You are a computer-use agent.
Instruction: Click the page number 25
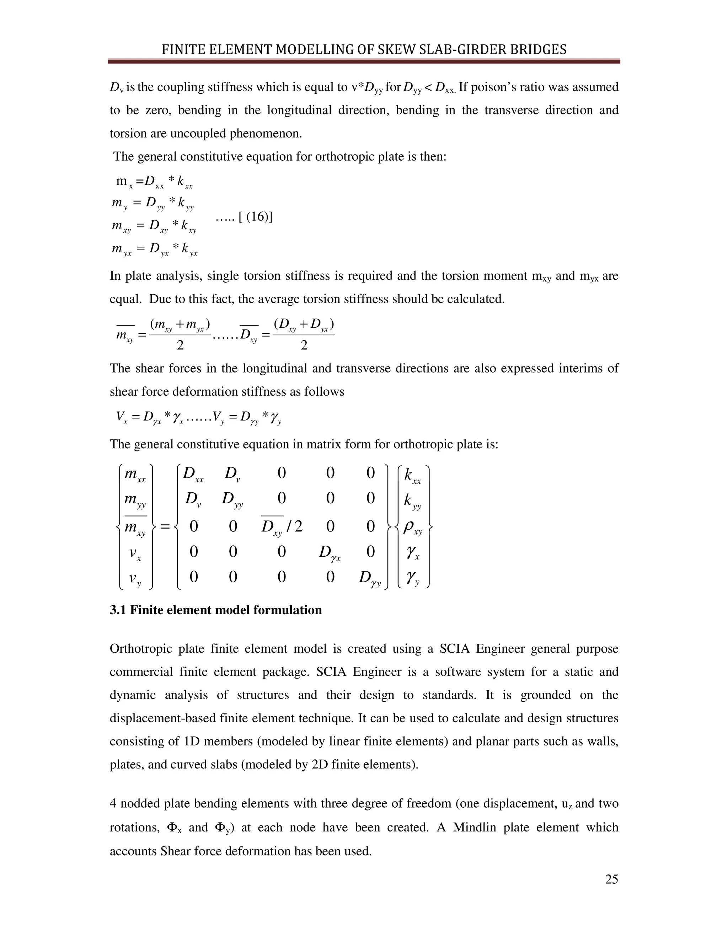point(611,879)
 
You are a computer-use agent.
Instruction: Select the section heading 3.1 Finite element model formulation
point(216,610)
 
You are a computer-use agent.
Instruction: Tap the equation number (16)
point(256,216)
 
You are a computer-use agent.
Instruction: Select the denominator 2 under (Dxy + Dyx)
point(304,345)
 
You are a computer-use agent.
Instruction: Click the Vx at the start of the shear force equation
point(121,417)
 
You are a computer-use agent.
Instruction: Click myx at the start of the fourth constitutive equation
point(121,249)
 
